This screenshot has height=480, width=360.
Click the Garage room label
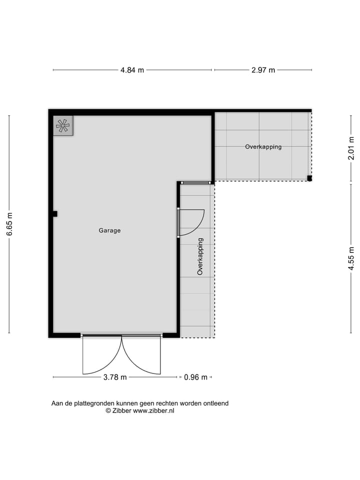pyautogui.click(x=109, y=230)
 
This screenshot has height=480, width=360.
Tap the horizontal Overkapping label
pyautogui.click(x=263, y=147)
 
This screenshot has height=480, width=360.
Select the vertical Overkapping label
pyautogui.click(x=200, y=256)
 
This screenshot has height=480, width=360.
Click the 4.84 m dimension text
pyautogui.click(x=132, y=70)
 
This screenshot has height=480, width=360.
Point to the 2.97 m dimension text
pyautogui.click(x=263, y=70)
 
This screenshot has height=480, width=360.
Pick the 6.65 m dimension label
pyautogui.click(x=9, y=224)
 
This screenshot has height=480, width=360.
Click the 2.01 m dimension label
pyautogui.click(x=351, y=148)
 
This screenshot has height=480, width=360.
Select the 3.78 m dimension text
pyautogui.click(x=115, y=377)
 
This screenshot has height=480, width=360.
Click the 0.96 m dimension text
pyautogui.click(x=195, y=377)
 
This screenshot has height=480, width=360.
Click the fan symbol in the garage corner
pyautogui.click(x=63, y=125)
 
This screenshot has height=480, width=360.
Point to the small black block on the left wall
pyautogui.click(x=54, y=214)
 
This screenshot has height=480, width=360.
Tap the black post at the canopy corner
pyautogui.click(x=309, y=178)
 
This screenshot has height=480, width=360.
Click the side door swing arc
pyautogui.click(x=195, y=222)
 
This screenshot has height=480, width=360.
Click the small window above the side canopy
pyautogui.click(x=195, y=183)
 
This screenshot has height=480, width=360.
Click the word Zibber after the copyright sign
pyautogui.click(x=121, y=410)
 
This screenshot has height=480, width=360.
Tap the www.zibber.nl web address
pyautogui.click(x=153, y=410)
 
